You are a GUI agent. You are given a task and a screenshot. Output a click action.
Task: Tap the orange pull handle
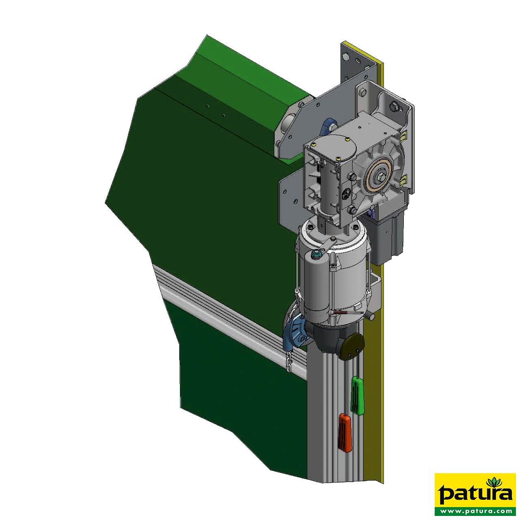click(x=345, y=437)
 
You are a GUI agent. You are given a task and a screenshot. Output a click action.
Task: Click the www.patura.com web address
click(x=475, y=511)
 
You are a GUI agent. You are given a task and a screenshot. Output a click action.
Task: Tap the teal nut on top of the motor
click(x=315, y=253)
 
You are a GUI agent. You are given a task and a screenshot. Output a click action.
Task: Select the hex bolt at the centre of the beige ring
click(x=378, y=178)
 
